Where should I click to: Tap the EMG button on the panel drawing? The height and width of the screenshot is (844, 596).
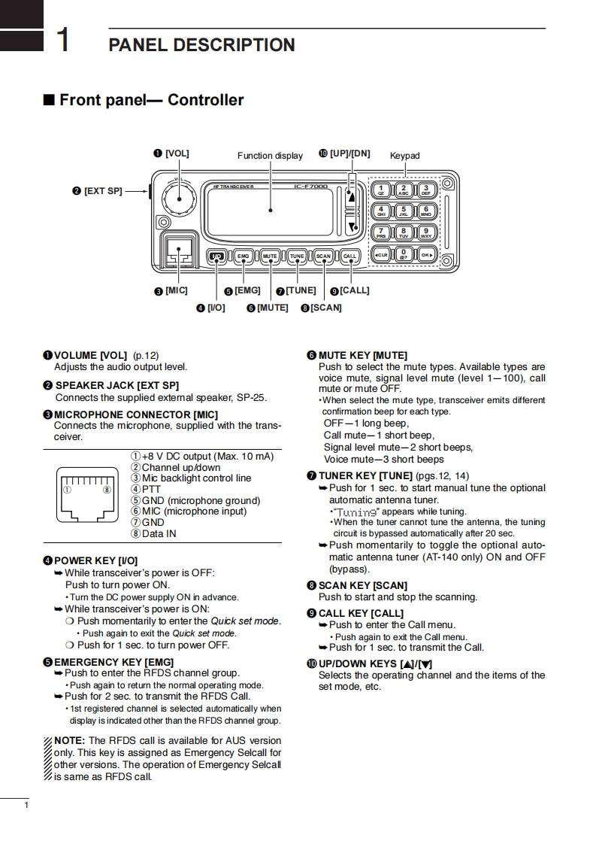tap(243, 257)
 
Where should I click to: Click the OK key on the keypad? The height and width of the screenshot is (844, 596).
tap(426, 254)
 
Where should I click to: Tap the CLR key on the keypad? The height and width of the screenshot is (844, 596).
tap(381, 254)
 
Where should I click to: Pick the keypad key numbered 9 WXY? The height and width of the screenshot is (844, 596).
tap(426, 232)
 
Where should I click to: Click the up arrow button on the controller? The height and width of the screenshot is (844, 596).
tap(350, 194)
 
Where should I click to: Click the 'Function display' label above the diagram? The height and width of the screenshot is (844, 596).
tap(270, 156)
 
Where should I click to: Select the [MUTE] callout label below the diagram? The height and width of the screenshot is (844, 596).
tap(272, 308)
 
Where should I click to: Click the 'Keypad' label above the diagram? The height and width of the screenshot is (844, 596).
tap(404, 156)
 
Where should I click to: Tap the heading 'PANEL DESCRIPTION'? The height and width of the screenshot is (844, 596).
tap(201, 45)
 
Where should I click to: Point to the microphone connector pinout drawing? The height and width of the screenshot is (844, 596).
tap(88, 493)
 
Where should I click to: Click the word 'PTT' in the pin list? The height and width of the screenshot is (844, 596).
tap(151, 489)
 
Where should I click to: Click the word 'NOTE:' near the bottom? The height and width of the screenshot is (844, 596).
tap(70, 741)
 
